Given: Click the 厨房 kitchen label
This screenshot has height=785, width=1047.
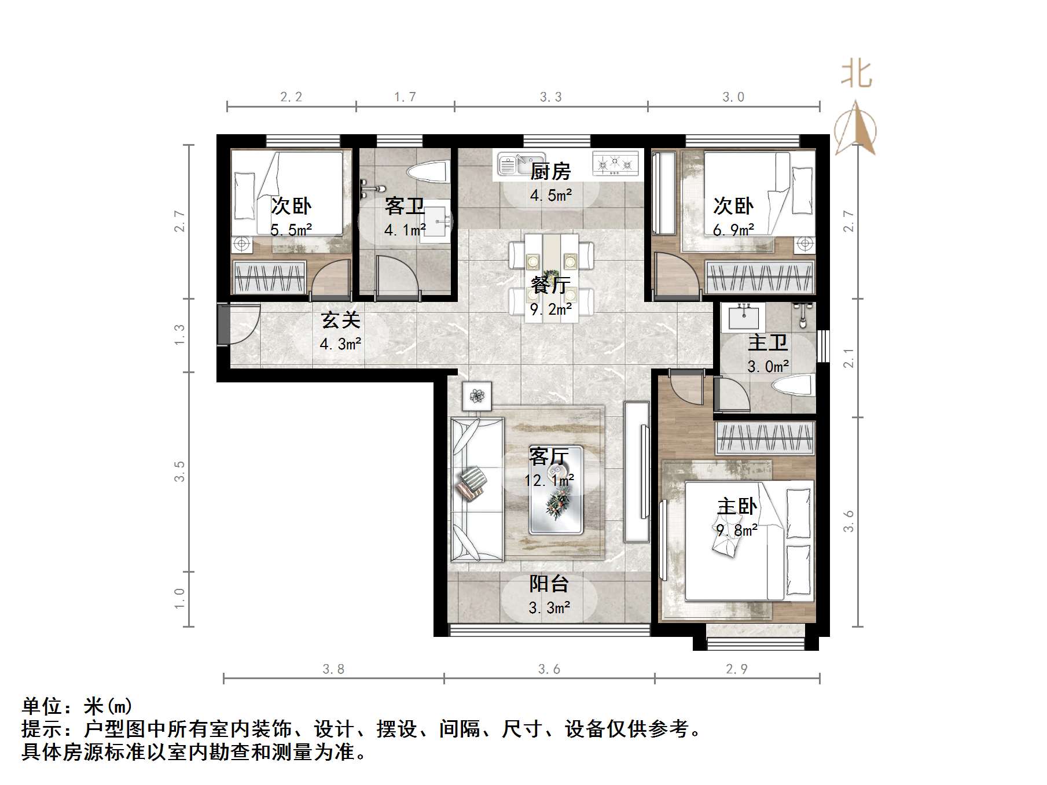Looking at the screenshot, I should click(550, 171).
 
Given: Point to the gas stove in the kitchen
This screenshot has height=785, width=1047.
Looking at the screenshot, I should click(615, 164).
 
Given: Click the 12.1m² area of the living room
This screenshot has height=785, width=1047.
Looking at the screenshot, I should click(549, 480).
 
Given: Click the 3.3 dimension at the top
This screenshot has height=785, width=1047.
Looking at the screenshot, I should click(550, 97).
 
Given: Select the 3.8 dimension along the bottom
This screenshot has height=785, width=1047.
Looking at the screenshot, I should click(333, 669).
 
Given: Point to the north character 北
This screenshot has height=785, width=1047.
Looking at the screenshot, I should click(856, 75).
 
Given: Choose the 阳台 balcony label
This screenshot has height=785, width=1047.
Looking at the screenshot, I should click(549, 584).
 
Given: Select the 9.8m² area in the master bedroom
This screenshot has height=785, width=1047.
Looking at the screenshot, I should click(737, 530).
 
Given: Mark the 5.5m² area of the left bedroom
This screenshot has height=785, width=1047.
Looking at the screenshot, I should click(291, 230).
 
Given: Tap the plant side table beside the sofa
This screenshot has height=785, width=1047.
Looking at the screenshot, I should click(477, 396).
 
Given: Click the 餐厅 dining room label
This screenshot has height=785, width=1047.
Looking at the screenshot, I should click(550, 285).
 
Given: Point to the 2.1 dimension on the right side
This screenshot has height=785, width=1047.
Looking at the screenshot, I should click(848, 358).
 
